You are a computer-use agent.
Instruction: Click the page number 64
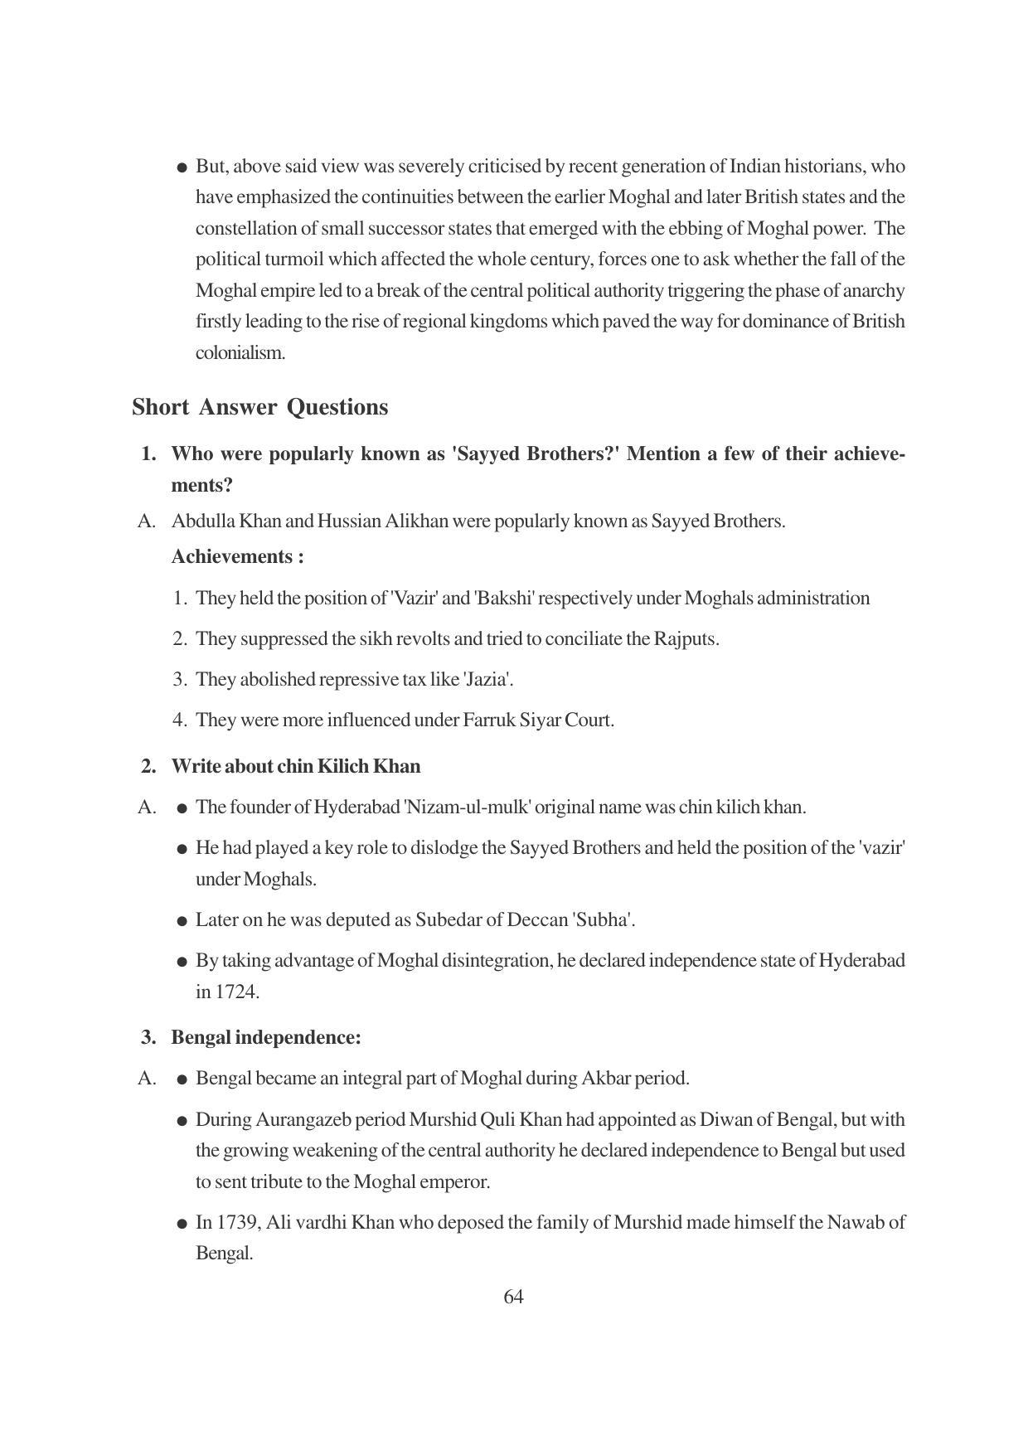tap(513, 1297)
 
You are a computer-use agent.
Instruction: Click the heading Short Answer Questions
tap(259, 407)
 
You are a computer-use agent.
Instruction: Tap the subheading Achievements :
tap(237, 556)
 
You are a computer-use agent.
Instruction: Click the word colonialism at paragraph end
tap(240, 352)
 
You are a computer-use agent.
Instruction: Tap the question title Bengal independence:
tap(266, 1037)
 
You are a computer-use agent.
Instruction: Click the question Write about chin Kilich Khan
tap(295, 766)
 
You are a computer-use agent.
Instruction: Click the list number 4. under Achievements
tap(180, 720)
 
